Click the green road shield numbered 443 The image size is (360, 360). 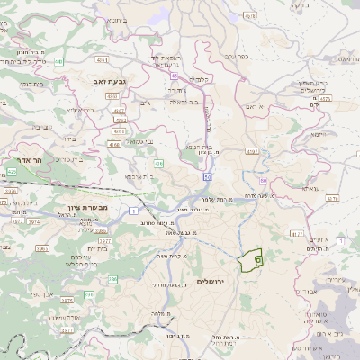coord(58,61)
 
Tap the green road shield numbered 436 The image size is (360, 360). coord(157,163)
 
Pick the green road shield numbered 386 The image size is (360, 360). coord(113,280)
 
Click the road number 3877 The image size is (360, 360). coord(67,329)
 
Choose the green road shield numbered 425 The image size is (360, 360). coord(12,171)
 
